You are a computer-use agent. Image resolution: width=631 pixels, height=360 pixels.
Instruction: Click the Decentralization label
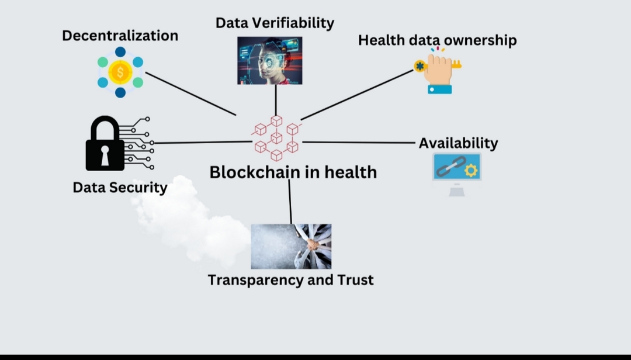(120, 36)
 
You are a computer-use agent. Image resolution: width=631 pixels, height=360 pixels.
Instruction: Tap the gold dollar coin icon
(120, 73)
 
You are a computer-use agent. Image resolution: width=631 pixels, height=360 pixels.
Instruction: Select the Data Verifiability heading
(275, 23)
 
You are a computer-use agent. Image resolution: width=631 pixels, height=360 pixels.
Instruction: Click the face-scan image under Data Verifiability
(270, 60)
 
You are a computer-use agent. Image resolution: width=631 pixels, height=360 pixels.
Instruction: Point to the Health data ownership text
(437, 40)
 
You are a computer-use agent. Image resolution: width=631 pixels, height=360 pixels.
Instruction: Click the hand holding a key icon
(439, 72)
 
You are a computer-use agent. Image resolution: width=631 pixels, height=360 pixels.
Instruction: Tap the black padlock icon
(105, 144)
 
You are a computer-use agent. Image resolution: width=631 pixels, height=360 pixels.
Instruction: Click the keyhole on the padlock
(105, 154)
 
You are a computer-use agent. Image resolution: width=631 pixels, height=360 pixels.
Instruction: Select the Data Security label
(120, 188)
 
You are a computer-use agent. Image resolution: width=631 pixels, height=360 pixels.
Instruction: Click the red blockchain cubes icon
(276, 137)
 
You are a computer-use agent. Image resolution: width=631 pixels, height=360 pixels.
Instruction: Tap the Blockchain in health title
(293, 172)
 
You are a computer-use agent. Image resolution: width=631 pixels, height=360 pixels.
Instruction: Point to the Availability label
(458, 143)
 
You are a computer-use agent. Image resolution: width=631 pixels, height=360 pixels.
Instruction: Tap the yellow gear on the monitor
(471, 171)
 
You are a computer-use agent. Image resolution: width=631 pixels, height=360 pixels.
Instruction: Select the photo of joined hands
(291, 246)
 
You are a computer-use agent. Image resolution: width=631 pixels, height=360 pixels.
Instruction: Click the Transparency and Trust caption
(290, 280)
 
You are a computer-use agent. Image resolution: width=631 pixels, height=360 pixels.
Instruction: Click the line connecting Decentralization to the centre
(190, 94)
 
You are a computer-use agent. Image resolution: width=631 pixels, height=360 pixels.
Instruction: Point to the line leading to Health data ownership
(357, 95)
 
